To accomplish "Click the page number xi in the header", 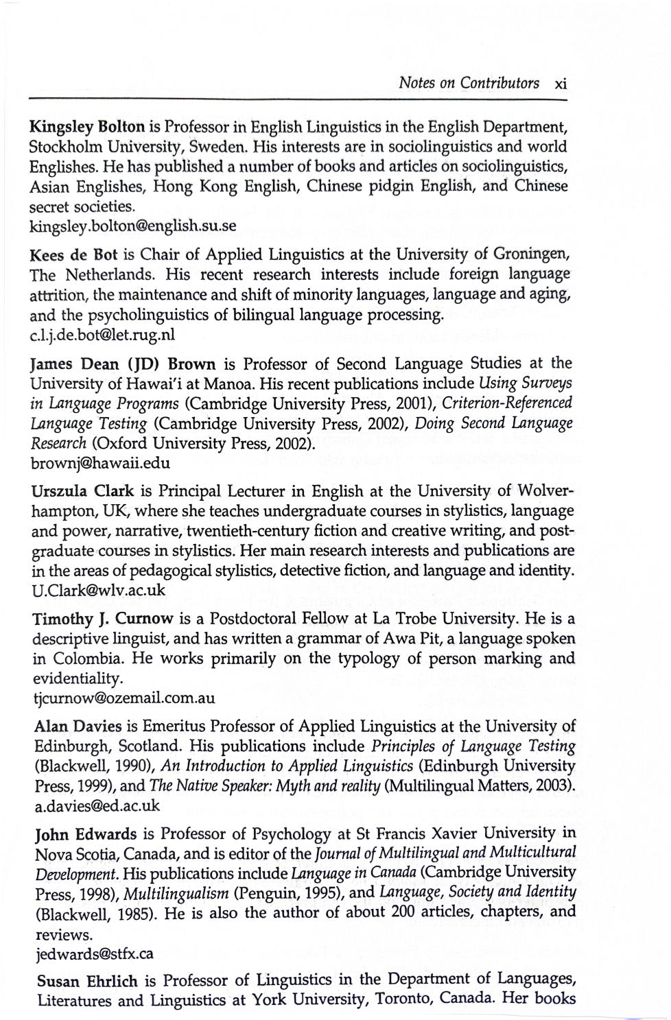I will click(561, 84).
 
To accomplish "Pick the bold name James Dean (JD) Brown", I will click(124, 364).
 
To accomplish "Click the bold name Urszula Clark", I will click(84, 491).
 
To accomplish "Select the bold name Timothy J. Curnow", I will click(103, 619).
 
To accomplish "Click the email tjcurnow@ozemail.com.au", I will click(124, 698).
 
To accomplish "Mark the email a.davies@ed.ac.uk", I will click(97, 806).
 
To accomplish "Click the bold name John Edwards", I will click(85, 835).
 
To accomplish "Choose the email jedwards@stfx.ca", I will click(93, 953).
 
